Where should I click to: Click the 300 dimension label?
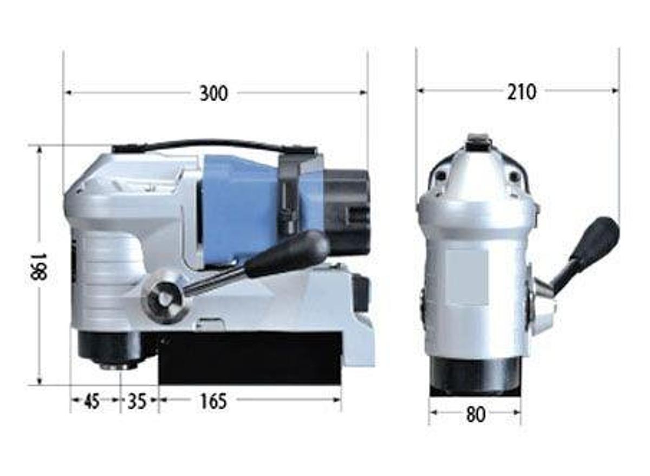[214, 93]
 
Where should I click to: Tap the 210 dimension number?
[522, 92]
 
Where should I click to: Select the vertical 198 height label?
[39, 267]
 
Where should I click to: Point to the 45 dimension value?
[92, 401]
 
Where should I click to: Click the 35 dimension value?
[136, 402]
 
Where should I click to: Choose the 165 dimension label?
[213, 402]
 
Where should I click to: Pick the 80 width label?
[476, 414]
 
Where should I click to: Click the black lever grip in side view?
[287, 254]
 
